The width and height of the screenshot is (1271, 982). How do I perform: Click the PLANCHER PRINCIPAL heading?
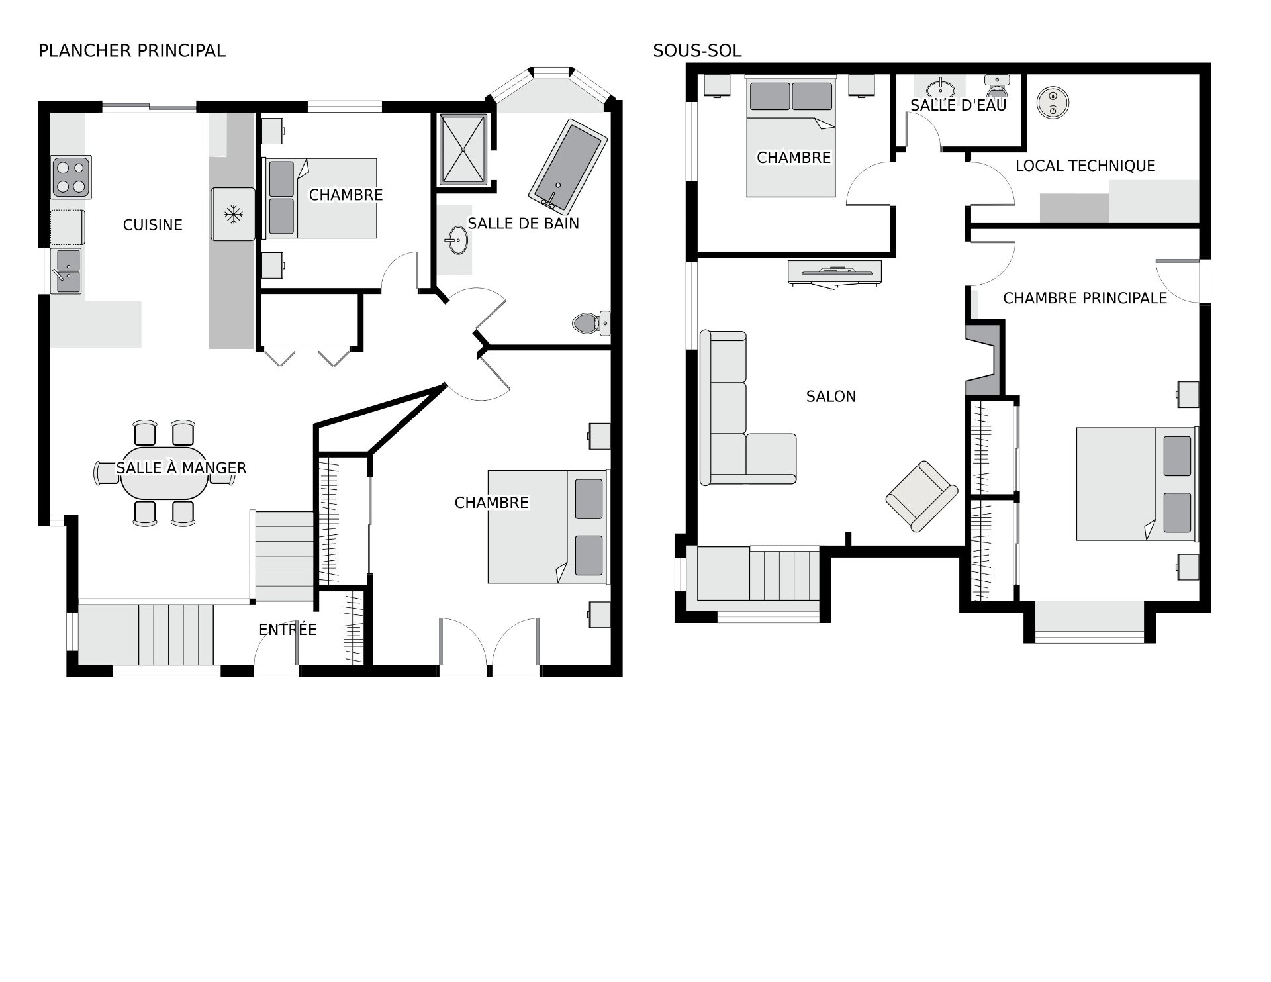[x=132, y=51]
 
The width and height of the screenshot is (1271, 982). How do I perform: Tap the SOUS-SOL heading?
[x=697, y=51]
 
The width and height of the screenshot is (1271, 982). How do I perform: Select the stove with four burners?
[x=71, y=177]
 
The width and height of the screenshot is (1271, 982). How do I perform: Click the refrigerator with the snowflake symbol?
[x=233, y=214]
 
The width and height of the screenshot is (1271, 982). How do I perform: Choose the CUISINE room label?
[x=153, y=225]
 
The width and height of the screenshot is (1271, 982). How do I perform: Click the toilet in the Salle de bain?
[x=591, y=323]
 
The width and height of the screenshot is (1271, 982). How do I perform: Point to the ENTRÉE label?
[x=288, y=630]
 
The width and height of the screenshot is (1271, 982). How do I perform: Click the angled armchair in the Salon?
[x=921, y=496]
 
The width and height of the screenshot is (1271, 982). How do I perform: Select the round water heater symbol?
[x=1053, y=103]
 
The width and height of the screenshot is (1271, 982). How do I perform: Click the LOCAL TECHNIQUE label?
[x=1085, y=166]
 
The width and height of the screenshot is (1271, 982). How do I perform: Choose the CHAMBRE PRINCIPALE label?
[x=1085, y=298]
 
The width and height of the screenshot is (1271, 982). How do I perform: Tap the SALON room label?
[x=831, y=397]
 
